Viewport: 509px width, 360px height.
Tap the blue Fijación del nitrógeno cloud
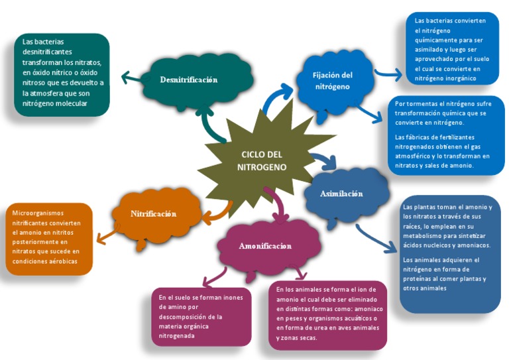coord(333,81)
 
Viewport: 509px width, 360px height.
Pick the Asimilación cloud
coord(342,194)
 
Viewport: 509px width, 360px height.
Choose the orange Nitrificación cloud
coord(153,213)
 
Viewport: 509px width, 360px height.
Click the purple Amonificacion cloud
coord(265,246)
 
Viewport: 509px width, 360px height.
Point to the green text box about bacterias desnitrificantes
coord(62,74)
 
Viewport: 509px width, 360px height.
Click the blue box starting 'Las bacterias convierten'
coord(450,49)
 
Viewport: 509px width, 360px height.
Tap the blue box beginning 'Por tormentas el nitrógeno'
coord(445,135)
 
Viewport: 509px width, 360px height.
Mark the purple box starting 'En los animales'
coord(327,314)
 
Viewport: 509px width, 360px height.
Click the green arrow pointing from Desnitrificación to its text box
coord(132,78)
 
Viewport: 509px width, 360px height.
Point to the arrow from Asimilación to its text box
coord(375,240)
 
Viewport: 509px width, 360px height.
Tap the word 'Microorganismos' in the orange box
coord(38,213)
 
